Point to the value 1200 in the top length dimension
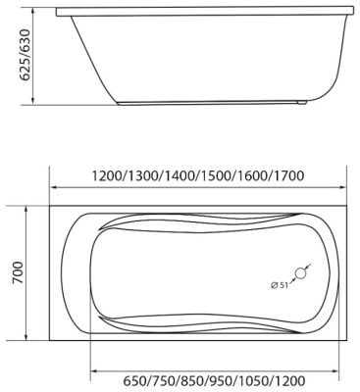107,175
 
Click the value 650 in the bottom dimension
110,382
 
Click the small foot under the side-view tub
305,102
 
